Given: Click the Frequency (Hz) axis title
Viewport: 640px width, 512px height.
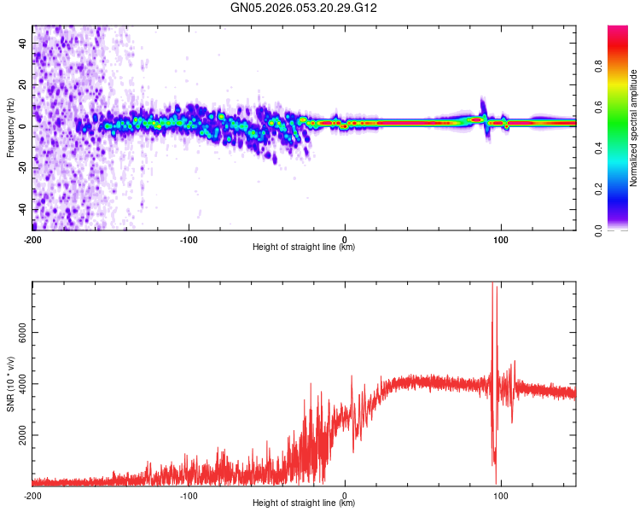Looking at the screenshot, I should click(10, 128).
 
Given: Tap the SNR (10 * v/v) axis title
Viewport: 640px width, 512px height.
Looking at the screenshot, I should click(10, 384).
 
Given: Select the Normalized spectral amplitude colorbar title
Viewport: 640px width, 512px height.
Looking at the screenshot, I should click(634, 128).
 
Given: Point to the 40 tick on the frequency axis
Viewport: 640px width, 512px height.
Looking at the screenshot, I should click(23, 43).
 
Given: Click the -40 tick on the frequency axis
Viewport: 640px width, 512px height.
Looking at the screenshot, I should click(23, 209).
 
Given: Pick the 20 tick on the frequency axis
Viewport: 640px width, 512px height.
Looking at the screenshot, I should click(23, 84).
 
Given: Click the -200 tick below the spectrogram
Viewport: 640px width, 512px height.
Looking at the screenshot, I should click(32, 239).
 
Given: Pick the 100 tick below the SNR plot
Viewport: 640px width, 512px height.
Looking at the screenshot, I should click(501, 495).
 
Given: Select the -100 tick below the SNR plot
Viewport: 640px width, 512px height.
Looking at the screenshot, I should click(189, 495).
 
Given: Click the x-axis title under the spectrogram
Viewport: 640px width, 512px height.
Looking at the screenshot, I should click(304, 247).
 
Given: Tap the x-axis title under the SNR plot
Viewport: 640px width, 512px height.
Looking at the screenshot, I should click(304, 503).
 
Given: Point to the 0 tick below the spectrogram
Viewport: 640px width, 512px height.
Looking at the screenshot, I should click(345, 239).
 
